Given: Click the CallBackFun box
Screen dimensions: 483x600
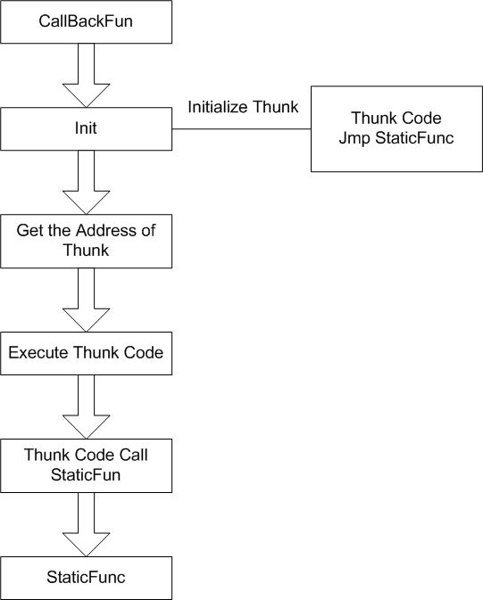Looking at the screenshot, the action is (87, 21).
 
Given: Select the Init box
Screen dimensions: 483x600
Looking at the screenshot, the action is (87, 128).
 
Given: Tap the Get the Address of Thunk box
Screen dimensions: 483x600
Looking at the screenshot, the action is (87, 241).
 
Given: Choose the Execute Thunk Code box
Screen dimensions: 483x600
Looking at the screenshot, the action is (87, 353).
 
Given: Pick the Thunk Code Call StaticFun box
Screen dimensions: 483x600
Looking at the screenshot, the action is (87, 465).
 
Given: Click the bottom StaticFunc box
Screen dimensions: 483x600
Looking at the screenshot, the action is (87, 578).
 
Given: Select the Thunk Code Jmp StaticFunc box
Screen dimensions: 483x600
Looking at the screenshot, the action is (396, 128).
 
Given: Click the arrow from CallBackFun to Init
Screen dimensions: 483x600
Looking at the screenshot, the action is (87, 76).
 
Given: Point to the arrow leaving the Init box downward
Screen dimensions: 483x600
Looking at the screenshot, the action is (87, 182).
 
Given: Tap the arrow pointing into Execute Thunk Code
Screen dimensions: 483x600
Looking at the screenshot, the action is (87, 300).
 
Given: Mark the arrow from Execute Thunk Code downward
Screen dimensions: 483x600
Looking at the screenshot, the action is (87, 407).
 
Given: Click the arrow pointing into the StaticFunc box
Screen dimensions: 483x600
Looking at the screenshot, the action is (87, 524).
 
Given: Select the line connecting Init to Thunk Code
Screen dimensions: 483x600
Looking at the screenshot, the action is (241, 129).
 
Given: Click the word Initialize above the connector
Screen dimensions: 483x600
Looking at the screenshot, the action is (217, 107).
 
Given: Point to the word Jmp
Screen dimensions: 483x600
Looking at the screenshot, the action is (354, 138).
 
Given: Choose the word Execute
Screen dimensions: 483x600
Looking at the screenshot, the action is (38, 352).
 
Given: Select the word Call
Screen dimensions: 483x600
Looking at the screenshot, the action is (133, 455).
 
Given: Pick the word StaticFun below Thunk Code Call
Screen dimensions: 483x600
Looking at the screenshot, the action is (86, 475).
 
